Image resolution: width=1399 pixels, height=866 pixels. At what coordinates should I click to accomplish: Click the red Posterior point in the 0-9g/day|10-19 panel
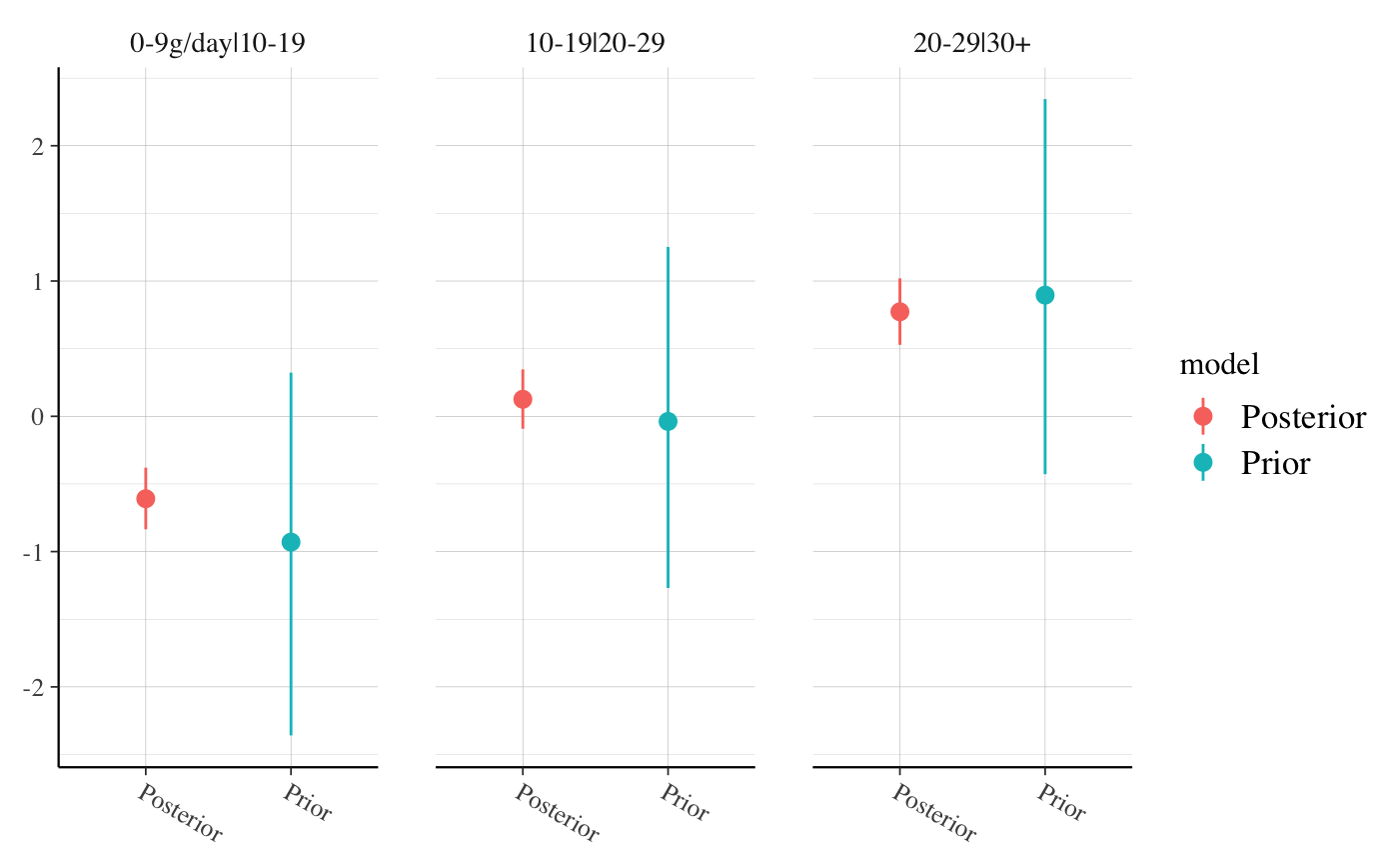(x=146, y=498)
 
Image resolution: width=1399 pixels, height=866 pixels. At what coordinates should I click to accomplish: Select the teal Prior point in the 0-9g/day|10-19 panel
(x=291, y=542)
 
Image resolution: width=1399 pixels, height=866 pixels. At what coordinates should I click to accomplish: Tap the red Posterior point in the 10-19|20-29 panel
(x=523, y=399)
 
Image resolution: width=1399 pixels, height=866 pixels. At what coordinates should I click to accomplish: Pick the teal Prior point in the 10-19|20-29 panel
(x=668, y=421)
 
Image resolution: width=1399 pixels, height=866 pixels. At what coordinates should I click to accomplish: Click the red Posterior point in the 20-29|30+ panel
(x=899, y=311)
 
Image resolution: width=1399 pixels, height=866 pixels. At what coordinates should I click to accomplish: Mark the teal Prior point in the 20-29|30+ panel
(x=1045, y=295)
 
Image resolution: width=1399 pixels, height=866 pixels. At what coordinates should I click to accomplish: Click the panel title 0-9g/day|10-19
(x=218, y=44)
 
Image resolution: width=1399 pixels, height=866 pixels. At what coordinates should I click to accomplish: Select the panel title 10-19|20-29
(x=596, y=44)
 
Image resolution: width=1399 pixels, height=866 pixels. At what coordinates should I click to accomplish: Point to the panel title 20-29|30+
(x=972, y=44)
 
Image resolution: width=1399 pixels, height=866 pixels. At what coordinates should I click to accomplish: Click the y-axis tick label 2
(x=40, y=146)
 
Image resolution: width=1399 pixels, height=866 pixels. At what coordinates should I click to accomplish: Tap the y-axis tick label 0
(x=40, y=416)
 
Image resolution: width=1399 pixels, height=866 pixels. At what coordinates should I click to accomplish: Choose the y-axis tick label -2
(x=37, y=687)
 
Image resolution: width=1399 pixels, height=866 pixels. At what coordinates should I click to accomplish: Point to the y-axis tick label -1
(x=37, y=552)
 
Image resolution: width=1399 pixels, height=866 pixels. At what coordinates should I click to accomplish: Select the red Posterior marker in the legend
(x=1203, y=416)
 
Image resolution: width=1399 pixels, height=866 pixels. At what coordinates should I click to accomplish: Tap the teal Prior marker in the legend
(x=1203, y=462)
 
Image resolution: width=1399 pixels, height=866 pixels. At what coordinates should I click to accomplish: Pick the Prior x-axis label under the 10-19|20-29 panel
(x=686, y=803)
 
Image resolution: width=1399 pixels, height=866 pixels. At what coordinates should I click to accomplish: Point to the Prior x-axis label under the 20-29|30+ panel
(x=1062, y=803)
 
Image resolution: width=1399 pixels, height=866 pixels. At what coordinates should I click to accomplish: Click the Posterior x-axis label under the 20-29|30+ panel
(x=933, y=812)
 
